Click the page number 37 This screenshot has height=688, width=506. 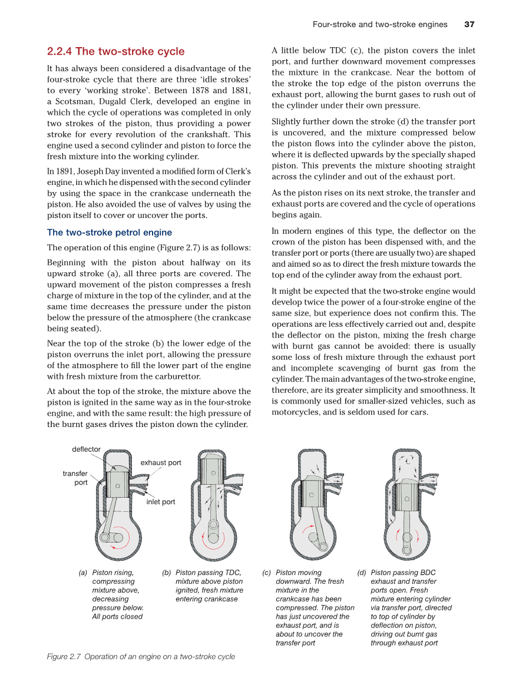coord(469,24)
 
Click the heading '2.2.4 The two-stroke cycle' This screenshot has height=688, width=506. coord(115,51)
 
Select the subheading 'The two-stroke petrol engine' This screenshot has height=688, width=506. coord(110,232)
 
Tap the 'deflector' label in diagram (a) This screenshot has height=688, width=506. coord(86,449)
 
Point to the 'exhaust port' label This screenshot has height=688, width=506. coord(161,462)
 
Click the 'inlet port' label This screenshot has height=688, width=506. coord(161,502)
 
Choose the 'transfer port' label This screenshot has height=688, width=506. coord(75,478)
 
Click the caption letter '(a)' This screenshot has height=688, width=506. coord(83,573)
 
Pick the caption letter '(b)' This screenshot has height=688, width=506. coord(167,573)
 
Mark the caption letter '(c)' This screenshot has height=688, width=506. coord(266,573)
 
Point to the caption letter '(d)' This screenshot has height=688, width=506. coord(362,573)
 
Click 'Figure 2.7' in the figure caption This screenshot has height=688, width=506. coord(64,656)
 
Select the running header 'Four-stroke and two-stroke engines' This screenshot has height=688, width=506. coord(380,24)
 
